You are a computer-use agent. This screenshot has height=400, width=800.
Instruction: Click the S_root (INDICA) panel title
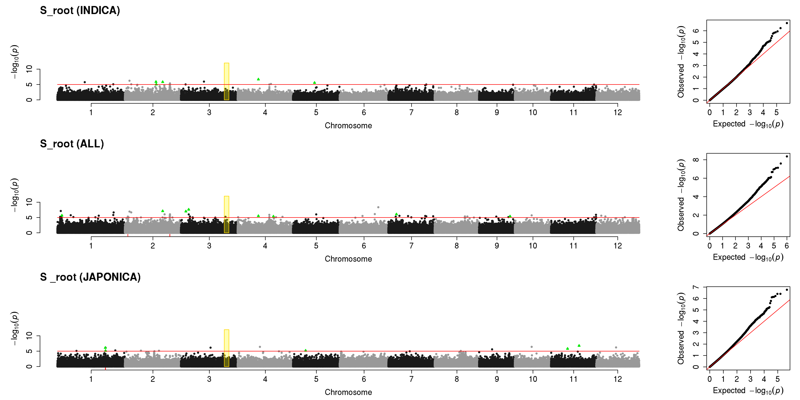click(x=80, y=11)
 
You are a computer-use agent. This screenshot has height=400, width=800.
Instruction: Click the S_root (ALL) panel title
click(x=72, y=144)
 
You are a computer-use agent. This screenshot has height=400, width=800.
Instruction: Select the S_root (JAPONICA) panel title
click(x=90, y=277)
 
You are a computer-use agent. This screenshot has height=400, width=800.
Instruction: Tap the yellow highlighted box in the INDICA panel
click(x=226, y=81)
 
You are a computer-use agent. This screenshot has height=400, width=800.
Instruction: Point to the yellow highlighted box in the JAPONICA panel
click(x=226, y=348)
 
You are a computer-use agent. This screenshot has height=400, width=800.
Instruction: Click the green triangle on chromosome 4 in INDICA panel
click(x=258, y=79)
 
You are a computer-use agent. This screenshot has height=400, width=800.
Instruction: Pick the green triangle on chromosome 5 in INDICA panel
click(x=315, y=83)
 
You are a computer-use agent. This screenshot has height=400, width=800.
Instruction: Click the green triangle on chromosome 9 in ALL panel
click(x=510, y=216)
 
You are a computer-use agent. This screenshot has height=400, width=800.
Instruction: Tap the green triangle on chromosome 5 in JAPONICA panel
click(x=306, y=350)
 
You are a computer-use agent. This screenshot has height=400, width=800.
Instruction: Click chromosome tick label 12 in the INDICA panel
click(x=618, y=112)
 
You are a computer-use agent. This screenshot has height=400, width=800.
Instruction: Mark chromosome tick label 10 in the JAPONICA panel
click(x=533, y=379)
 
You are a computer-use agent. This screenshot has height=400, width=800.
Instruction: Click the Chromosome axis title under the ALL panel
click(x=348, y=259)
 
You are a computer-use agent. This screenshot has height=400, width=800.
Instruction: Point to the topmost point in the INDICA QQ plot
click(x=787, y=23)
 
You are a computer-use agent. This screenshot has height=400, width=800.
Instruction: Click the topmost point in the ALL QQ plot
click(x=787, y=156)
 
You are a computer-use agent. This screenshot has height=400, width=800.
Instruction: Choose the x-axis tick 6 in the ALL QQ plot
click(x=787, y=246)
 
